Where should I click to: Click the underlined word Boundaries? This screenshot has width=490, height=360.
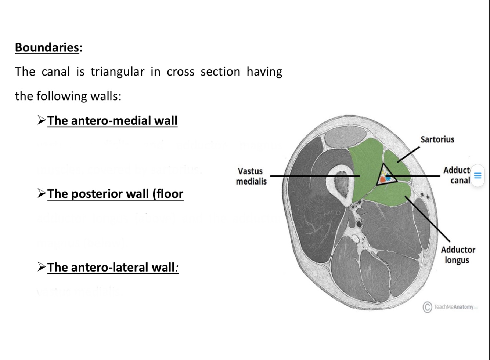coord(47,47)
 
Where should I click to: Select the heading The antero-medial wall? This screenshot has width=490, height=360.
coord(112,120)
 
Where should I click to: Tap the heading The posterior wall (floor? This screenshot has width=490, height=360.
coord(115,194)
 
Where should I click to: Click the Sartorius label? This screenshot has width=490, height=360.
coord(437,139)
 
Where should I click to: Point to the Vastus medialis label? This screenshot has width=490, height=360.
coord(251,176)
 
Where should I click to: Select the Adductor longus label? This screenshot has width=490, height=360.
coord(458,255)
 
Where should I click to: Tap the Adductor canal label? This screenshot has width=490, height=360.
coord(457,175)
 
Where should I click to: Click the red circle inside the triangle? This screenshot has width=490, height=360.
coord(382,179)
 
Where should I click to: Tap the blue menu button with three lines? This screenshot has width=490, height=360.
coord(478,176)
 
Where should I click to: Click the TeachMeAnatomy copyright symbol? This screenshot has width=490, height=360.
coord(427,307)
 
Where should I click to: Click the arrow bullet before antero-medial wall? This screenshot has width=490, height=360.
coord(42,120)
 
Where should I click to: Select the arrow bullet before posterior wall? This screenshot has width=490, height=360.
coord(42,193)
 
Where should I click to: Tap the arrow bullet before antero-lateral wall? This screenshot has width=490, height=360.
coord(42,267)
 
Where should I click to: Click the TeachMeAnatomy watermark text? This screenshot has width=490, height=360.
coord(454,307)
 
